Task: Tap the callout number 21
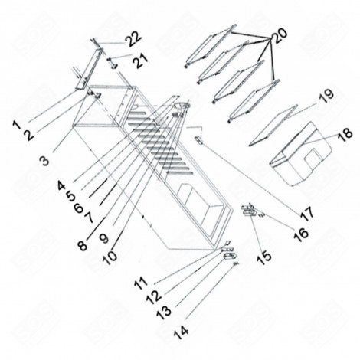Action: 137,59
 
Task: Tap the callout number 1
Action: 16,123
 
